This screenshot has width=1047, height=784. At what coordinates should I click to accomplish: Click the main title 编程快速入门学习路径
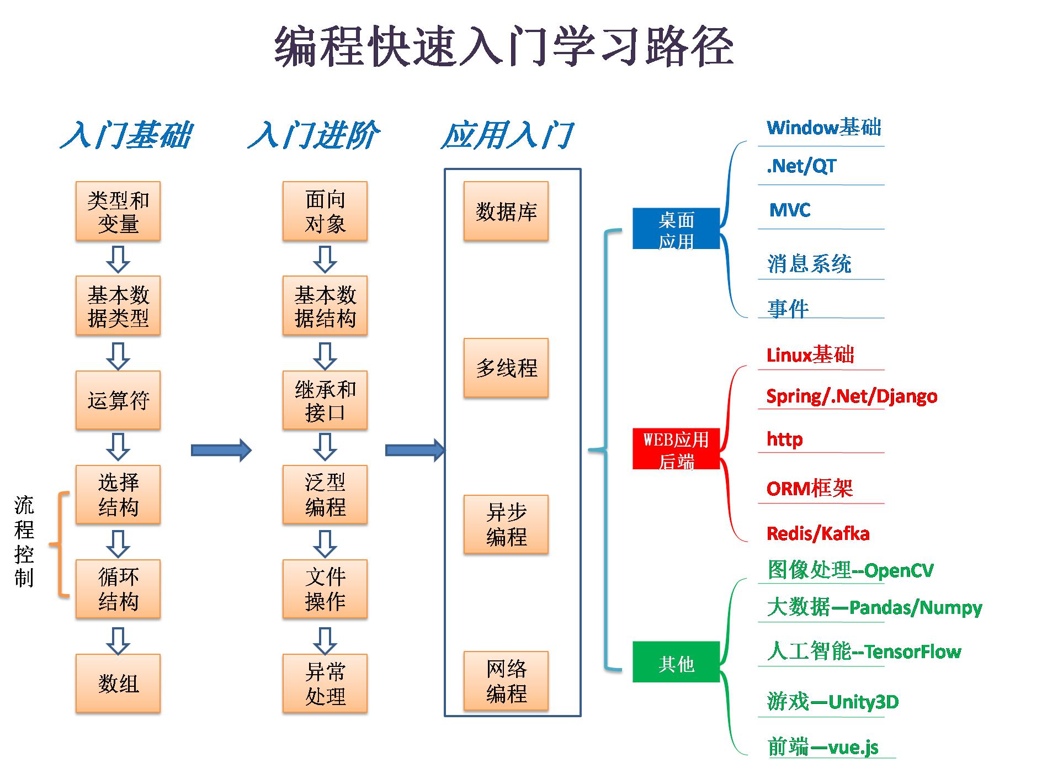click(x=503, y=46)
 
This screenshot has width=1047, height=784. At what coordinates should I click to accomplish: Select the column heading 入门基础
click(x=126, y=135)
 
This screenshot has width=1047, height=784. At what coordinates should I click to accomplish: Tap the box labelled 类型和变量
click(x=118, y=211)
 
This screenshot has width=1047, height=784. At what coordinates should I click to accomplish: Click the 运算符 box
click(x=118, y=400)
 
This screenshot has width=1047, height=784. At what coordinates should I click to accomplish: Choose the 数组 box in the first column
click(x=118, y=684)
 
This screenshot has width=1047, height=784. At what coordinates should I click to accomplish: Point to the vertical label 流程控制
click(x=24, y=541)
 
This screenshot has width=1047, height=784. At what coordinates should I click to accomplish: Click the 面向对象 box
click(x=325, y=211)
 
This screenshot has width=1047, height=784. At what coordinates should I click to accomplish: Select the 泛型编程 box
click(x=325, y=495)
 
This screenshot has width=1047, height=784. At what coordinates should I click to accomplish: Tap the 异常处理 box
click(x=325, y=684)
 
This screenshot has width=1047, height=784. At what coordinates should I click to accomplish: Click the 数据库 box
click(x=506, y=211)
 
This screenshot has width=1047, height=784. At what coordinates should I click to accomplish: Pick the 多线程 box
click(x=506, y=368)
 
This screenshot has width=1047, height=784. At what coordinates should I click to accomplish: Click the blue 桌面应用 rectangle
click(x=676, y=229)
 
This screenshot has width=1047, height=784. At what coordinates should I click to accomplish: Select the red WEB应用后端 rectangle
click(x=676, y=449)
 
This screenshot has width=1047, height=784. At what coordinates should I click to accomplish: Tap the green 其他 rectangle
click(x=676, y=662)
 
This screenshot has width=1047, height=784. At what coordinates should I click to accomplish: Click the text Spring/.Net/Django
click(x=851, y=396)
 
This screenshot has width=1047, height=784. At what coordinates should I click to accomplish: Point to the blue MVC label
click(x=789, y=210)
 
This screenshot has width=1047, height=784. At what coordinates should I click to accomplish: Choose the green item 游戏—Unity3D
click(x=832, y=702)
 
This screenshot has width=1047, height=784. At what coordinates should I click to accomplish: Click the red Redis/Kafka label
click(x=817, y=533)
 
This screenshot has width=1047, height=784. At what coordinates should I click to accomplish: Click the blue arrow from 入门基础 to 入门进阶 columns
click(x=221, y=450)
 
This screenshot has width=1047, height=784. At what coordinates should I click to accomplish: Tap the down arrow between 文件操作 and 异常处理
click(x=325, y=641)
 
